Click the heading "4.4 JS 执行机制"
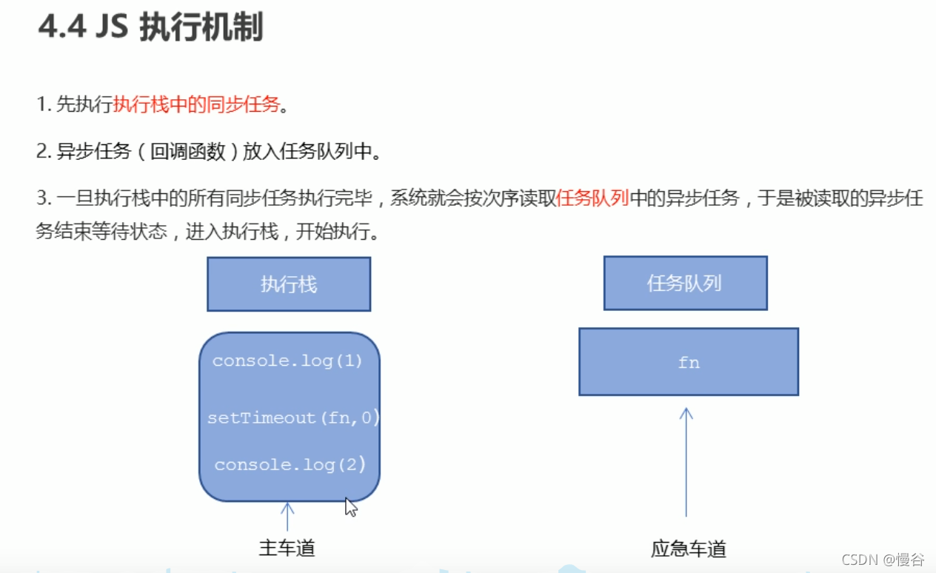[x=150, y=28]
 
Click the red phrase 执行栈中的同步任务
[x=196, y=105]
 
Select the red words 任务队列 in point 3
[x=592, y=198]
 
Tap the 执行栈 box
[x=289, y=284]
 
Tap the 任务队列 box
[x=685, y=283]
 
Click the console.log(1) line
[x=288, y=361]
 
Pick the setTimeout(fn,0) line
[x=293, y=418]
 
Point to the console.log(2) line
[x=290, y=465]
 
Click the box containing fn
[x=688, y=362]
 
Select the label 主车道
[x=287, y=548]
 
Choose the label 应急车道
[x=689, y=549]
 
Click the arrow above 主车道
[x=287, y=516]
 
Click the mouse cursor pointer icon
[x=351, y=507]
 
